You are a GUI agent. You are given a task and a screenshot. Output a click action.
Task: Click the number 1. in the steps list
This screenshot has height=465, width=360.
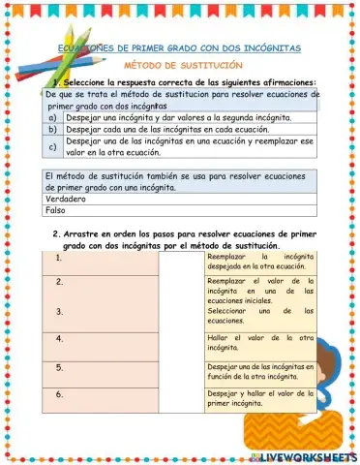pos(60,259)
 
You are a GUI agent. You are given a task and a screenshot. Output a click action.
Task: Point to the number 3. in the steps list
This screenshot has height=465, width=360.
pos(60,311)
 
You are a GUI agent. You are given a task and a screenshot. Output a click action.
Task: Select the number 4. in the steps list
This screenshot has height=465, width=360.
pos(60,338)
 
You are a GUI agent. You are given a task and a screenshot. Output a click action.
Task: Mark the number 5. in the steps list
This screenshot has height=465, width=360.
pos(60,367)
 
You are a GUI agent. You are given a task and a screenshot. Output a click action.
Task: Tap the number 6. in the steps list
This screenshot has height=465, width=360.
pos(60,395)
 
